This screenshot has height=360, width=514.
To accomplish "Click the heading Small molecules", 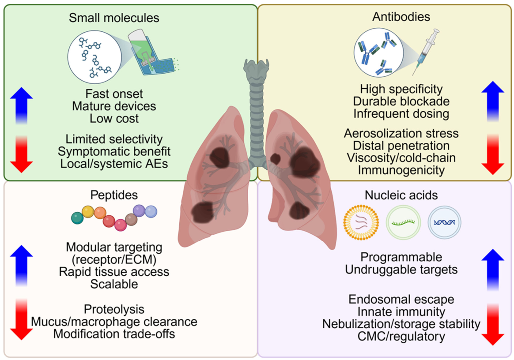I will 114,18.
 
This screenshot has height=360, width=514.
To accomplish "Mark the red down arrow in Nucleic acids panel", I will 493,324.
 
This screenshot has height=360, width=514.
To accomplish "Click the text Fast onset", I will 114,94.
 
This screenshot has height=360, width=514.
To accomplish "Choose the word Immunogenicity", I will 401,170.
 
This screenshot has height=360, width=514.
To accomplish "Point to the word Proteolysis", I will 114,308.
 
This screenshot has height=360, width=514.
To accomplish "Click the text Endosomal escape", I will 401,300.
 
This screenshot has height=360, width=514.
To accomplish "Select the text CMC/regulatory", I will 401,337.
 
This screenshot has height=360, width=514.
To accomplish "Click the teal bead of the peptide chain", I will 77,217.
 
